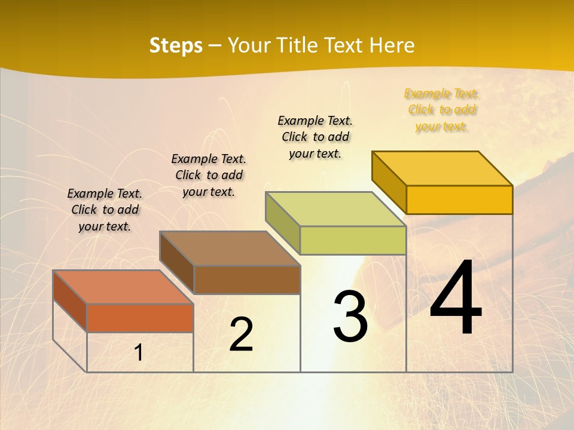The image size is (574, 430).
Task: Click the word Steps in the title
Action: coord(176,45)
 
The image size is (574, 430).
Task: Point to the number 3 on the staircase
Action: coord(350,316)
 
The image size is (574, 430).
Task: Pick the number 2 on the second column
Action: coord(241,334)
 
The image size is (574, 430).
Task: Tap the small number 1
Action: coord(138,353)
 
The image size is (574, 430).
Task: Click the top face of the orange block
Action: coord(123,287)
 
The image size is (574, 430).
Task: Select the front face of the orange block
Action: coord(140,318)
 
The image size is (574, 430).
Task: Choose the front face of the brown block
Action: coord(247,279)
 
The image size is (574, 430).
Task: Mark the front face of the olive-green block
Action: coord(353,240)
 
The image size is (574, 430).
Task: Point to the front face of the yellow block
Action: coord(459,199)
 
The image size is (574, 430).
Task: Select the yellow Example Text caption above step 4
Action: coord(441,110)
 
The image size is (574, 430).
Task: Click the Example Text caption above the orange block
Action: coord(105,210)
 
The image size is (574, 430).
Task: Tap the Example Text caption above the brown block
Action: coord(209,175)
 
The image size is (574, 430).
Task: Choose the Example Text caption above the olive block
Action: coord(315,137)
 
